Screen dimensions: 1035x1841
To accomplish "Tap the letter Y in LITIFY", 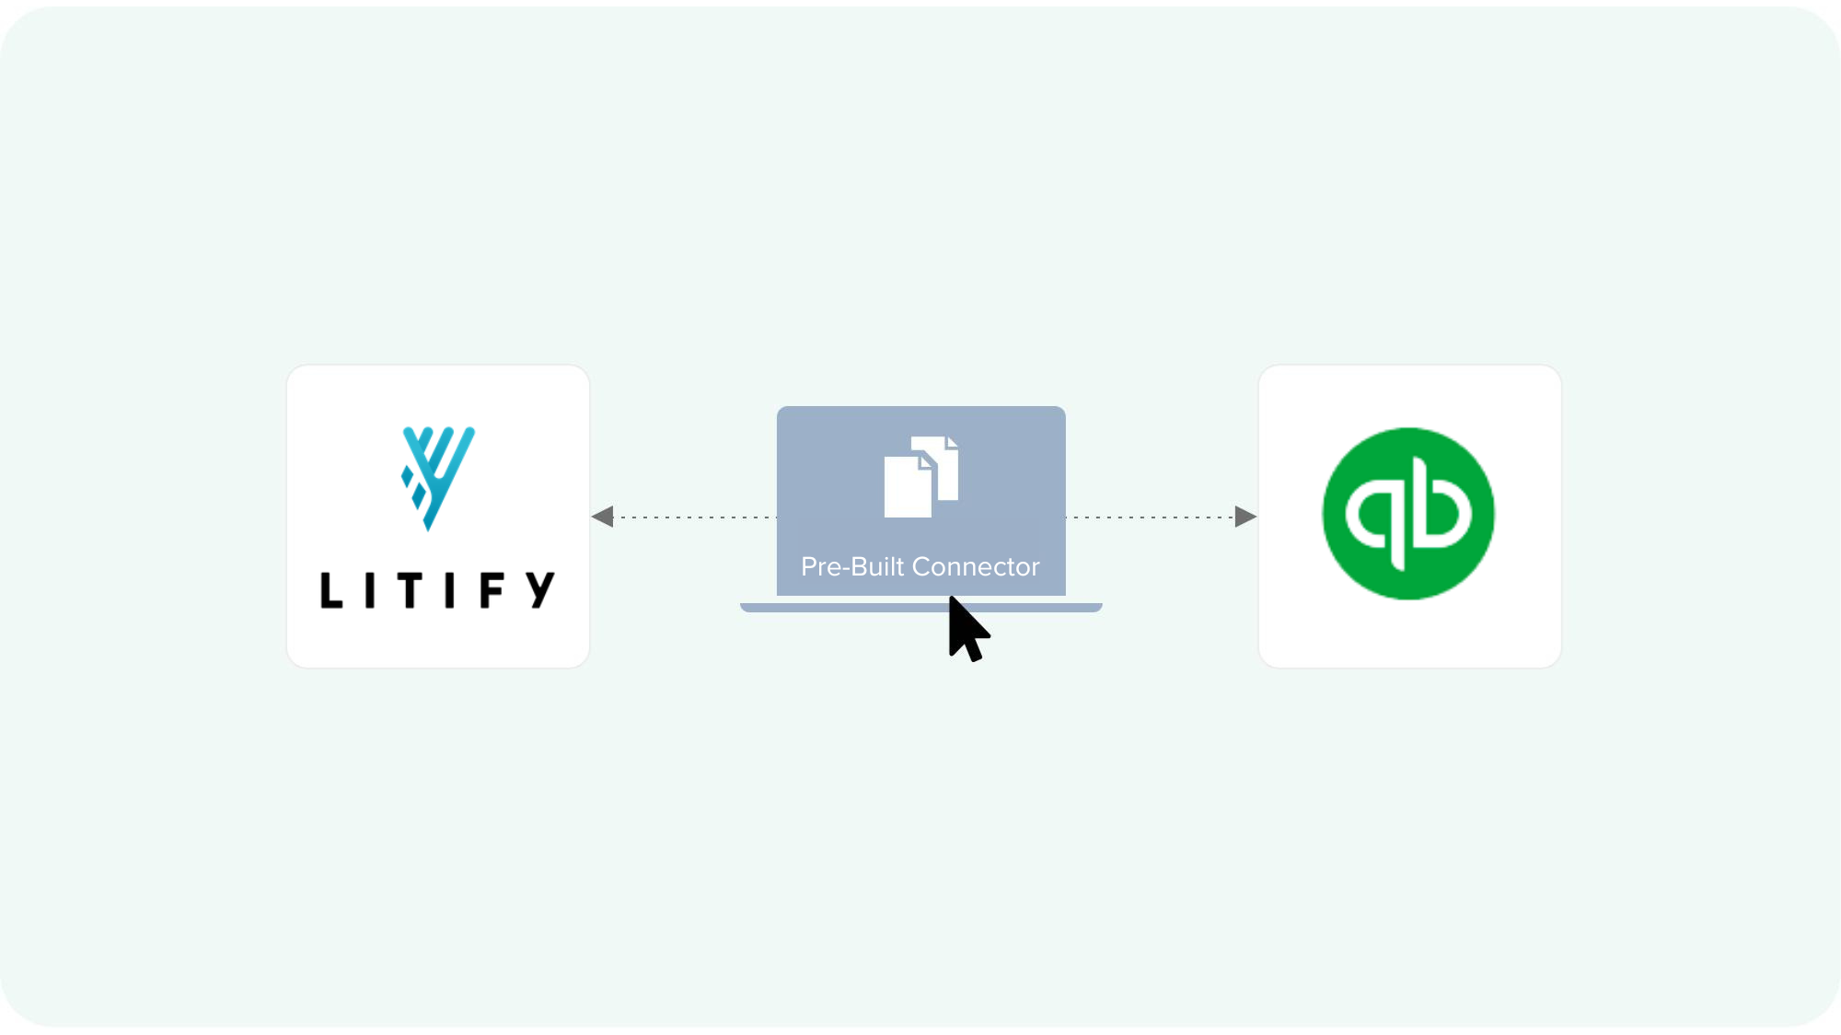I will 541,589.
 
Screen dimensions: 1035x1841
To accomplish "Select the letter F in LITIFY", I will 492,590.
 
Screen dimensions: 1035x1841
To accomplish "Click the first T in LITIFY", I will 410,590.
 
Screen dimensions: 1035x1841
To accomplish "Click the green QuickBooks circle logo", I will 1408,514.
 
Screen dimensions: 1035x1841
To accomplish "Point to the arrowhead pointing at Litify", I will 604,517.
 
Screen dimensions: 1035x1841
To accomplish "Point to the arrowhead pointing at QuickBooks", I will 1245,517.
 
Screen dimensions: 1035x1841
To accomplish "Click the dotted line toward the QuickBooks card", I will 1151,517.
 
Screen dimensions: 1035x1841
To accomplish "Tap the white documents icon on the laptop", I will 920,476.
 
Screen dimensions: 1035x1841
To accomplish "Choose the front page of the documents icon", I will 908,488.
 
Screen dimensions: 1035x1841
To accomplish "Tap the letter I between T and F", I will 450,590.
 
